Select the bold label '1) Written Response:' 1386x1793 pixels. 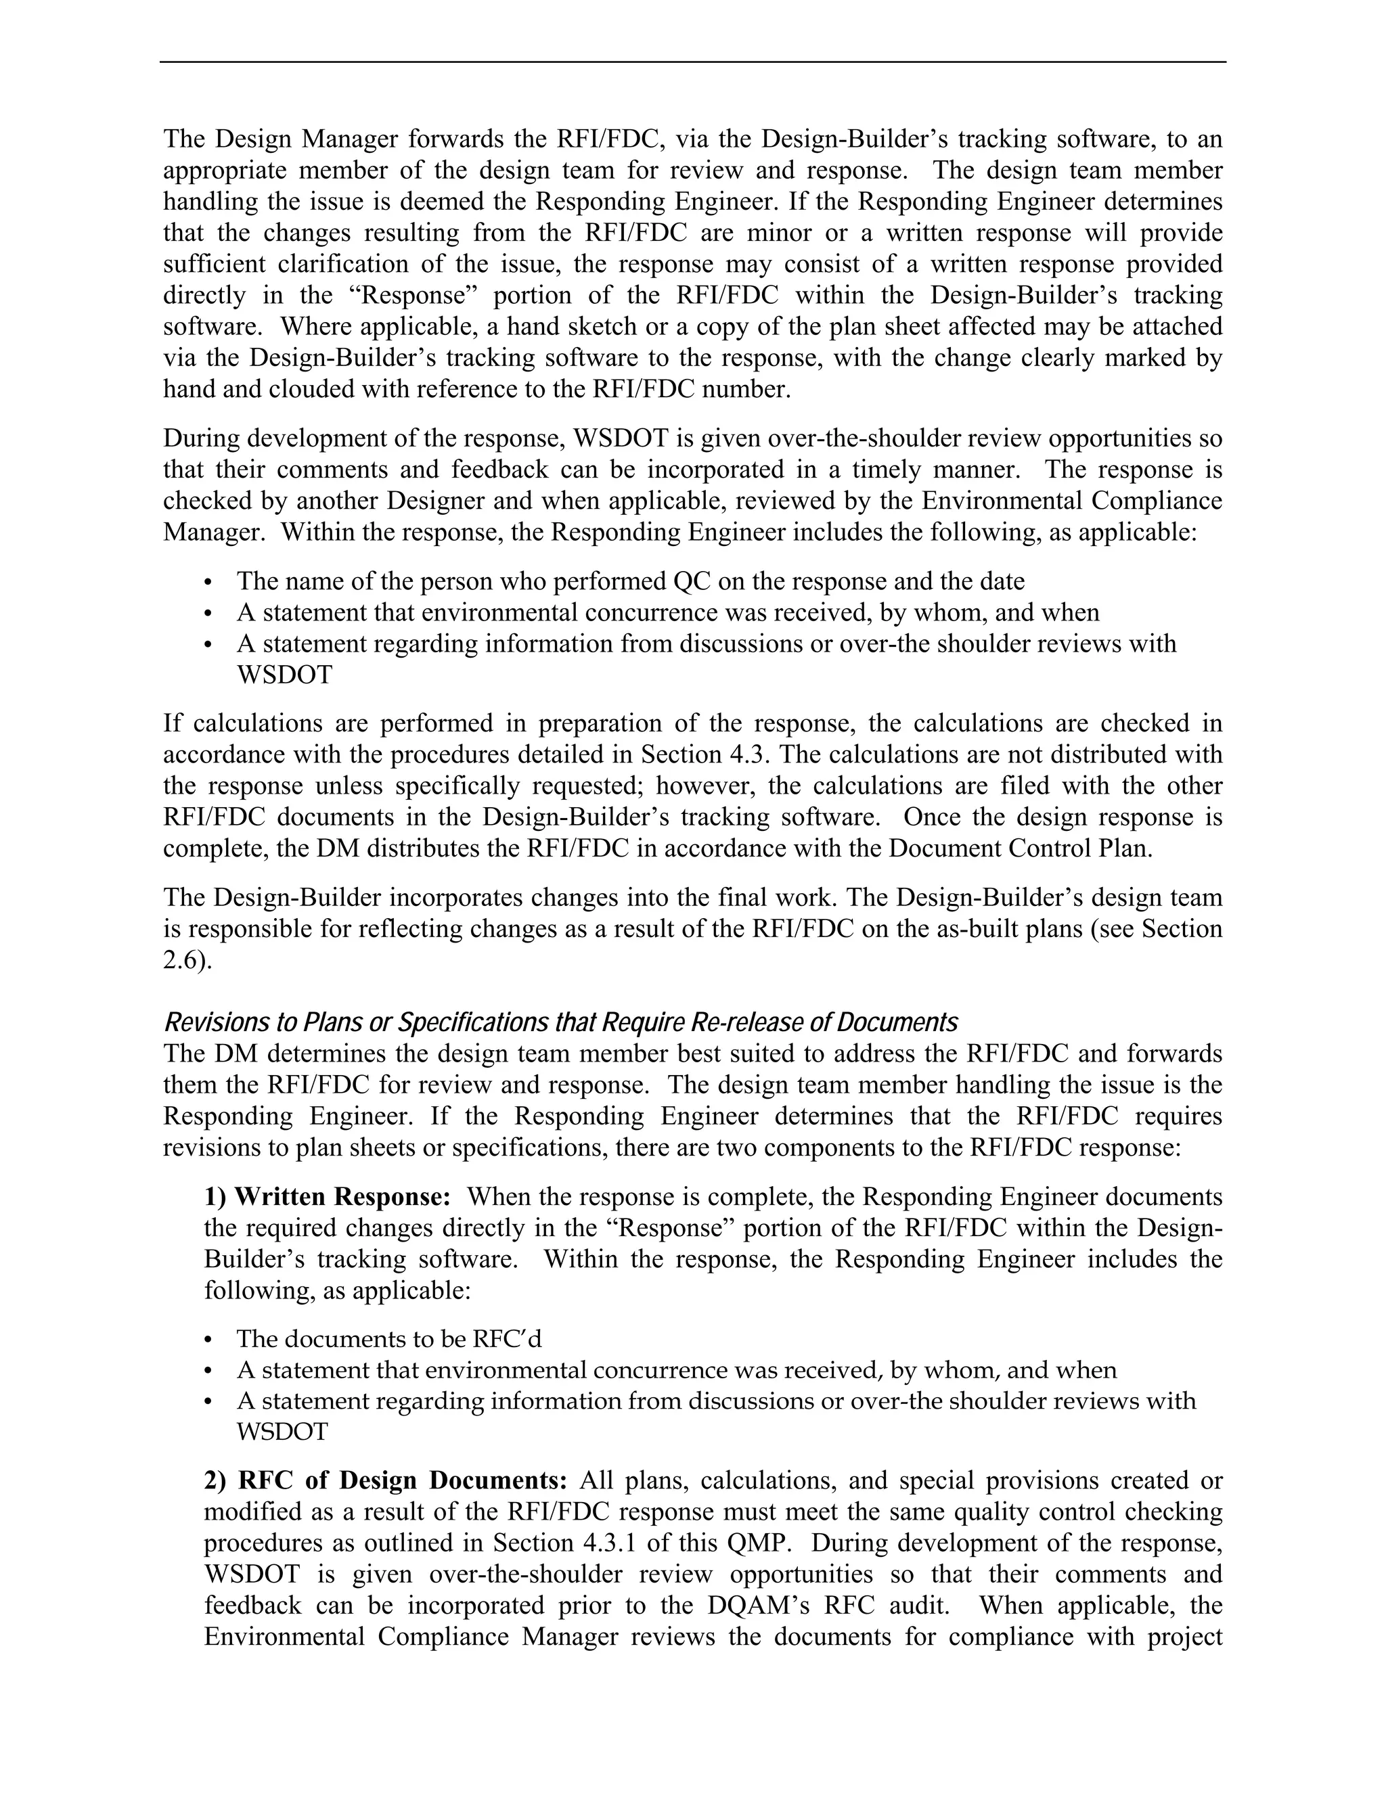pos(327,1197)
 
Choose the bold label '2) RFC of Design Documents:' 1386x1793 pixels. pos(385,1481)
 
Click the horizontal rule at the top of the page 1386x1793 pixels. pos(692,62)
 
